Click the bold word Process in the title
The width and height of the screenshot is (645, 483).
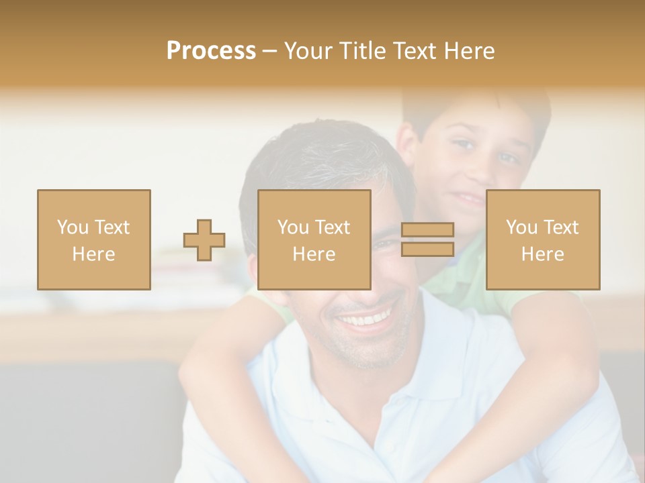(x=211, y=51)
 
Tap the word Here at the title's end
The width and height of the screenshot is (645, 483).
(x=468, y=51)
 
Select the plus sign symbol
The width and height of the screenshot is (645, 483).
(x=204, y=240)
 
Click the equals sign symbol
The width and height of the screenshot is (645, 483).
(x=427, y=239)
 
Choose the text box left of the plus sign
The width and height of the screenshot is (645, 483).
(x=93, y=239)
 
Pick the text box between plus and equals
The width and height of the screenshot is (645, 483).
(x=314, y=239)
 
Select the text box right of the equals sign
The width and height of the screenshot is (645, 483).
(x=542, y=239)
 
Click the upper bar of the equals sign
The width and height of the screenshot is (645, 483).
(x=427, y=230)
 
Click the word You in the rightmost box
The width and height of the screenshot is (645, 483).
(x=521, y=227)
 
